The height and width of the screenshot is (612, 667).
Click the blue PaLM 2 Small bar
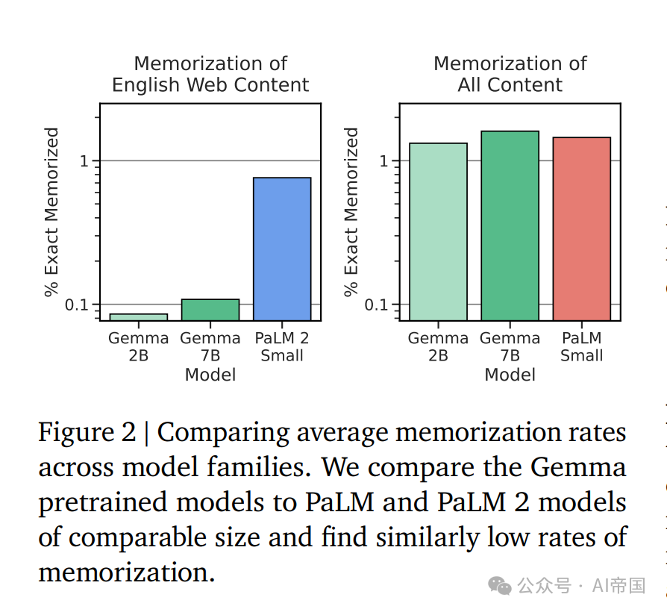(x=282, y=249)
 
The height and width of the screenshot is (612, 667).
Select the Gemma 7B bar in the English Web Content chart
(x=210, y=310)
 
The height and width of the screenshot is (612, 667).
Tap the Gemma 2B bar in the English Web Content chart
(x=139, y=316)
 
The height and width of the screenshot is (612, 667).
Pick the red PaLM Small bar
(x=582, y=228)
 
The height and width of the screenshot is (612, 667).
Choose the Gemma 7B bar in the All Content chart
(x=510, y=225)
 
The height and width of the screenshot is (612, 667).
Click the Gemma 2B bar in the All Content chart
(x=439, y=231)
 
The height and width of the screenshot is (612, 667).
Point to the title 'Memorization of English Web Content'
(x=210, y=75)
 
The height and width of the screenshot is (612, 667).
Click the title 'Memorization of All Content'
(x=510, y=75)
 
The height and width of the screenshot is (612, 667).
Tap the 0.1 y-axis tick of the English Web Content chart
(x=78, y=305)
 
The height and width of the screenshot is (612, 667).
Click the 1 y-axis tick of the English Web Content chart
(x=84, y=161)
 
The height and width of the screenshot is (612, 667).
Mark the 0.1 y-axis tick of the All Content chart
(x=378, y=305)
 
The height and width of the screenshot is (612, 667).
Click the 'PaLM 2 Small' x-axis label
(x=282, y=347)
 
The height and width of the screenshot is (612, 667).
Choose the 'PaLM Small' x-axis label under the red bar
(x=582, y=347)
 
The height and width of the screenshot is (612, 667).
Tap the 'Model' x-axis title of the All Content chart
(x=510, y=375)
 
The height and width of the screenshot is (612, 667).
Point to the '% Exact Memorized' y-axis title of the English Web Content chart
(x=51, y=212)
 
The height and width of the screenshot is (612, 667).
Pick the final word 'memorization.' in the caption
(x=126, y=573)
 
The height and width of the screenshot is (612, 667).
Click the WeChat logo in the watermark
(x=500, y=585)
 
